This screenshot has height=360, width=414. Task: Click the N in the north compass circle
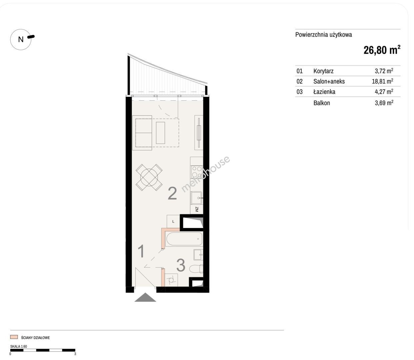pyautogui.click(x=21, y=39)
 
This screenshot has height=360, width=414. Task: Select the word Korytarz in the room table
pyautogui.click(x=323, y=71)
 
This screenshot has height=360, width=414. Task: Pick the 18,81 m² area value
pyautogui.click(x=382, y=81)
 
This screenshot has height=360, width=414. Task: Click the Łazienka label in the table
pyautogui.click(x=324, y=92)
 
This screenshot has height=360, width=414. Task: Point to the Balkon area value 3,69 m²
pyautogui.click(x=384, y=103)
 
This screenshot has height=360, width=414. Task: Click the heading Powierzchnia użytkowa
pyautogui.click(x=324, y=35)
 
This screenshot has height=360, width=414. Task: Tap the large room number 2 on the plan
pyautogui.click(x=172, y=193)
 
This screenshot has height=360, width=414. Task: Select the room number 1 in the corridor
pyautogui.click(x=141, y=251)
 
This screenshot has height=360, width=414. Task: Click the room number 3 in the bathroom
pyautogui.click(x=181, y=265)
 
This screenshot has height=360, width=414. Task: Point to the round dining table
pyautogui.click(x=149, y=177)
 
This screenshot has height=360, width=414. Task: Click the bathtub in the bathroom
pyautogui.click(x=184, y=239)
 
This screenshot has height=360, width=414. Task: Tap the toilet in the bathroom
pyautogui.click(x=196, y=269)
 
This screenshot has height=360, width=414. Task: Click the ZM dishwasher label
pyautogui.click(x=196, y=209)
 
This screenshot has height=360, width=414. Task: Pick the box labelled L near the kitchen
pyautogui.click(x=173, y=221)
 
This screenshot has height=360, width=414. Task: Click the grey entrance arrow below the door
pyautogui.click(x=145, y=297)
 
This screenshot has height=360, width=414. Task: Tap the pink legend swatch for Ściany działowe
pyautogui.click(x=14, y=337)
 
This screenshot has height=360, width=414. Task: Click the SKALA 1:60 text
pyautogui.click(x=19, y=346)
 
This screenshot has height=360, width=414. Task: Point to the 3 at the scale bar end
pyautogui.click(x=75, y=354)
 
